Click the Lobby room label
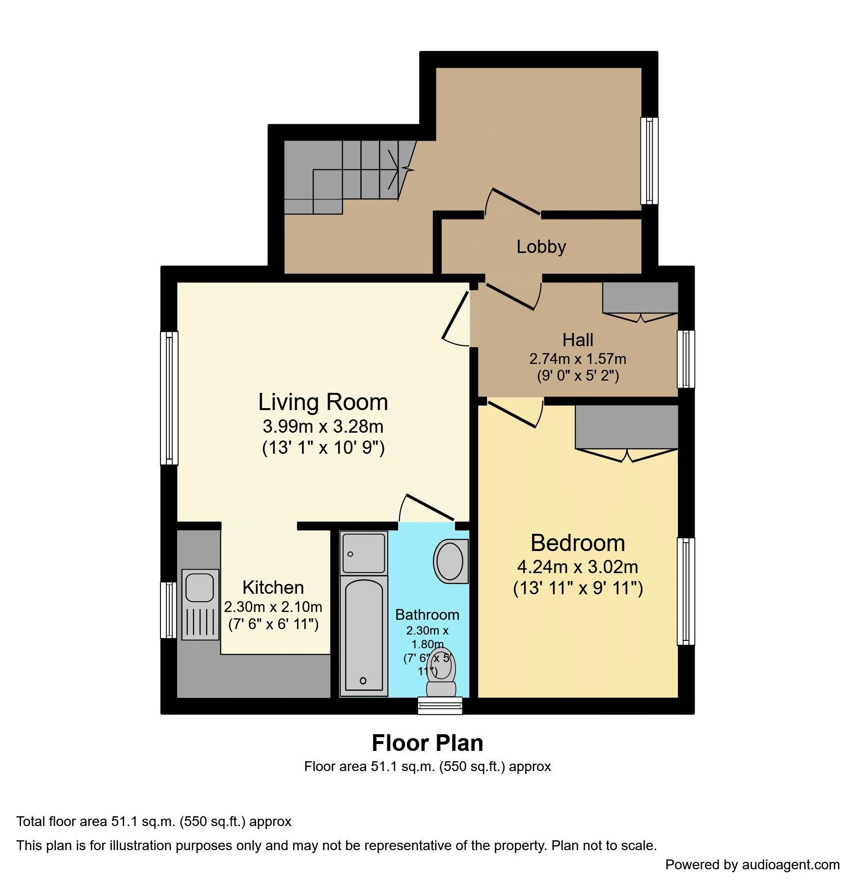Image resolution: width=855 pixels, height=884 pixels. [541, 247]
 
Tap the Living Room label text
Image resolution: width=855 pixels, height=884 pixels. [323, 402]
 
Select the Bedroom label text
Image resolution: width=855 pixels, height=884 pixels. [578, 543]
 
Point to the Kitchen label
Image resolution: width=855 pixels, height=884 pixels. [273, 587]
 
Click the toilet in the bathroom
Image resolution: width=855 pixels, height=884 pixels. [441, 673]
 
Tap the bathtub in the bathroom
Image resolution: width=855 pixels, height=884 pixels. [364, 637]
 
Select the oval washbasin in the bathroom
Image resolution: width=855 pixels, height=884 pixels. [450, 561]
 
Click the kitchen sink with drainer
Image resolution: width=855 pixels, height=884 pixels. [200, 605]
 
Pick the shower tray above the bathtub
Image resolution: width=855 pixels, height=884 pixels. [364, 553]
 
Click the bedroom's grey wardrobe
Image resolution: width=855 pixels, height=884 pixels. [627, 427]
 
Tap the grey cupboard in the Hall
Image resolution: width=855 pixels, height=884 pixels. [640, 298]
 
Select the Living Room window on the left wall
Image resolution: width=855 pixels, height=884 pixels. [169, 398]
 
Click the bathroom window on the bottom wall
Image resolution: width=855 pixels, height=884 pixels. [440, 706]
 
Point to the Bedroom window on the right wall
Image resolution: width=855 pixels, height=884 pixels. [686, 591]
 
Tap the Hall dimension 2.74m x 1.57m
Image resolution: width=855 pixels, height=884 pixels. [578, 359]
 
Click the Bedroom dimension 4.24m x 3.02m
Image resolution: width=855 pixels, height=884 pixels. [578, 567]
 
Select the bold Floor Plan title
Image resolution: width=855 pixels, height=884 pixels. [427, 743]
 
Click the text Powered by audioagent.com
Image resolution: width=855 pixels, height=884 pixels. [752, 865]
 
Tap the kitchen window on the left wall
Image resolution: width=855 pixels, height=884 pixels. [169, 610]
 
